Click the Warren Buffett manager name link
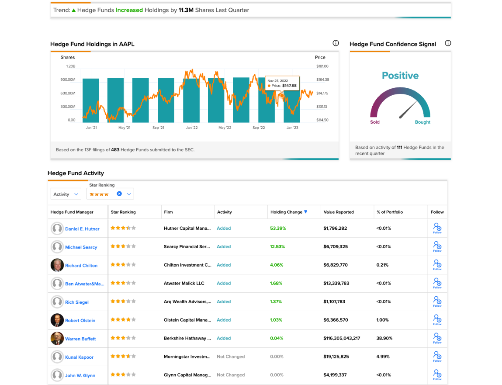coord(80,339)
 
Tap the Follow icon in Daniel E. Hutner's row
coord(437,228)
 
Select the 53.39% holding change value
coord(278,229)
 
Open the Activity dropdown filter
coord(66,194)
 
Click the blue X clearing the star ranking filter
coord(119,194)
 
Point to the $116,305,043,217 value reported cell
coord(342,338)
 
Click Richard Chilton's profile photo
coord(57,265)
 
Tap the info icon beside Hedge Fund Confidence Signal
coord(448,43)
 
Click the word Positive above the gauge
coord(400,76)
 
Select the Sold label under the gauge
coord(374,122)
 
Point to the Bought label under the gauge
coord(422,122)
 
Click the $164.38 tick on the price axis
coord(322,80)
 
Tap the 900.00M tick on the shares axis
coord(68,80)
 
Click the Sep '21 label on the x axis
coord(158,128)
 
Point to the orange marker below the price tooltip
coord(282,95)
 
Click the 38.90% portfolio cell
coord(384,338)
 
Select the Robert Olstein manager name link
coord(80,321)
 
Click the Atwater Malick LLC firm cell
coord(184,283)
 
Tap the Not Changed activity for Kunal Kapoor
coord(231,357)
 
